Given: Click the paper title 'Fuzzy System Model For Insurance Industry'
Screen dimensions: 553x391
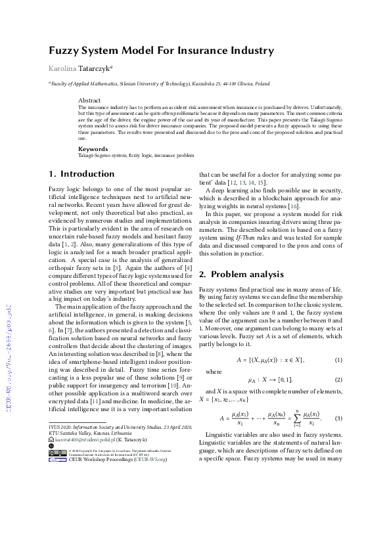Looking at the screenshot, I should (x=161, y=51).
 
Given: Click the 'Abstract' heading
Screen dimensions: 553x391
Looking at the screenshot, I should (x=89, y=100).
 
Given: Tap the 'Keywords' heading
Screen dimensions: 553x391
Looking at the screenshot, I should (x=93, y=148).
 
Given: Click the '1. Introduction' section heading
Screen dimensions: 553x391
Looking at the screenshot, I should (x=81, y=174).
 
